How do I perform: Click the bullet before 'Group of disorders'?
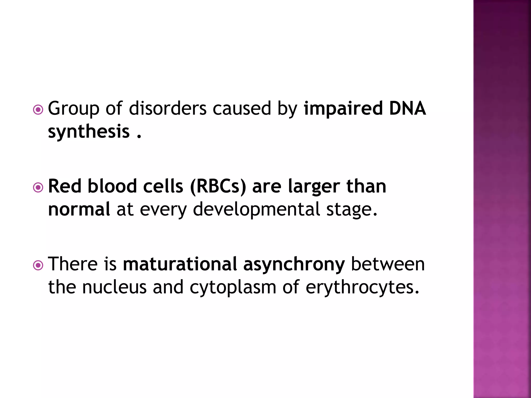[38, 110]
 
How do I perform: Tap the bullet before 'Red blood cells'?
[38, 188]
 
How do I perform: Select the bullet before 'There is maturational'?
[38, 265]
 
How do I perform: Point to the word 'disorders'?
[168, 108]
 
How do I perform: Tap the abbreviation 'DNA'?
[407, 108]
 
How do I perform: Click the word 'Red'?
[65, 186]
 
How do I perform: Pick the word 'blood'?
[112, 186]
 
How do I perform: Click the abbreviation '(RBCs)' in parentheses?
[218, 187]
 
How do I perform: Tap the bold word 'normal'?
[79, 209]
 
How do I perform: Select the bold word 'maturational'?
[180, 264]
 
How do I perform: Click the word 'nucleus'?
[114, 287]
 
